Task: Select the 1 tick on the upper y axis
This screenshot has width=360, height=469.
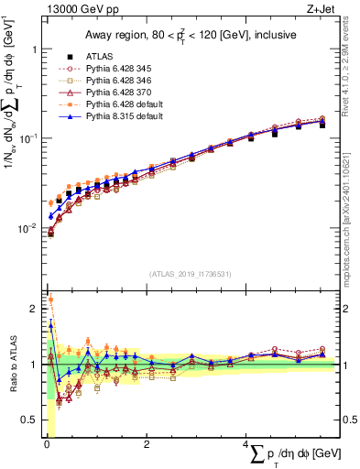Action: pyautogui.click(x=34, y=49)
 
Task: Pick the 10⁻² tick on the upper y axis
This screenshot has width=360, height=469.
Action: pyautogui.click(x=29, y=228)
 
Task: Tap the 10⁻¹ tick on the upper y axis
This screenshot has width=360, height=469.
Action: pyautogui.click(x=29, y=138)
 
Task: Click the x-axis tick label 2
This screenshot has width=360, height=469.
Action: pyautogui.click(x=147, y=444)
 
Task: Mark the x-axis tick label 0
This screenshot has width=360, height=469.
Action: pyautogui.click(x=47, y=444)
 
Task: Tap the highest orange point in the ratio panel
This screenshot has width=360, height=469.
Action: pyautogui.click(x=50, y=300)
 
